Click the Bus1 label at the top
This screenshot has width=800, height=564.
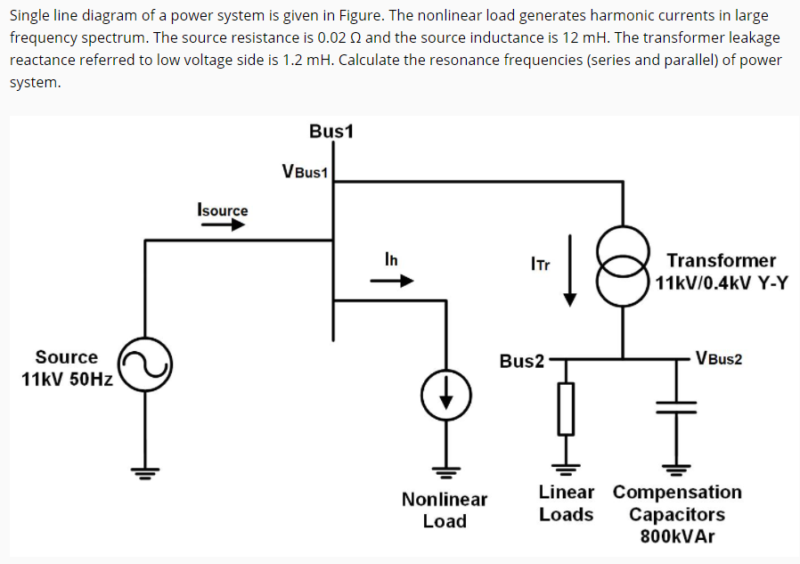click(331, 131)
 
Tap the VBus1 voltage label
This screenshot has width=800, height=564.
click(306, 171)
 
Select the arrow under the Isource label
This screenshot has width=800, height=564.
click(222, 225)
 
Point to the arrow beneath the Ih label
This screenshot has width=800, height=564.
click(393, 281)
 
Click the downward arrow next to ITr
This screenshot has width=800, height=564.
click(569, 272)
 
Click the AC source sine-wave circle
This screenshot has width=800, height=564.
click(145, 365)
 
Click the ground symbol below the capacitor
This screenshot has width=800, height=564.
click(676, 466)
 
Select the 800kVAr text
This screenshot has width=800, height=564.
click(676, 536)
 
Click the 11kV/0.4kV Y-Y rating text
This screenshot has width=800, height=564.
click(722, 284)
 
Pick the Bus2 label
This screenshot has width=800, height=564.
click(521, 361)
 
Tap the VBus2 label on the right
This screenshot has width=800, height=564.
click(719, 359)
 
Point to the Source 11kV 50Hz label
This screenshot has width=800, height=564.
click(67, 368)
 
